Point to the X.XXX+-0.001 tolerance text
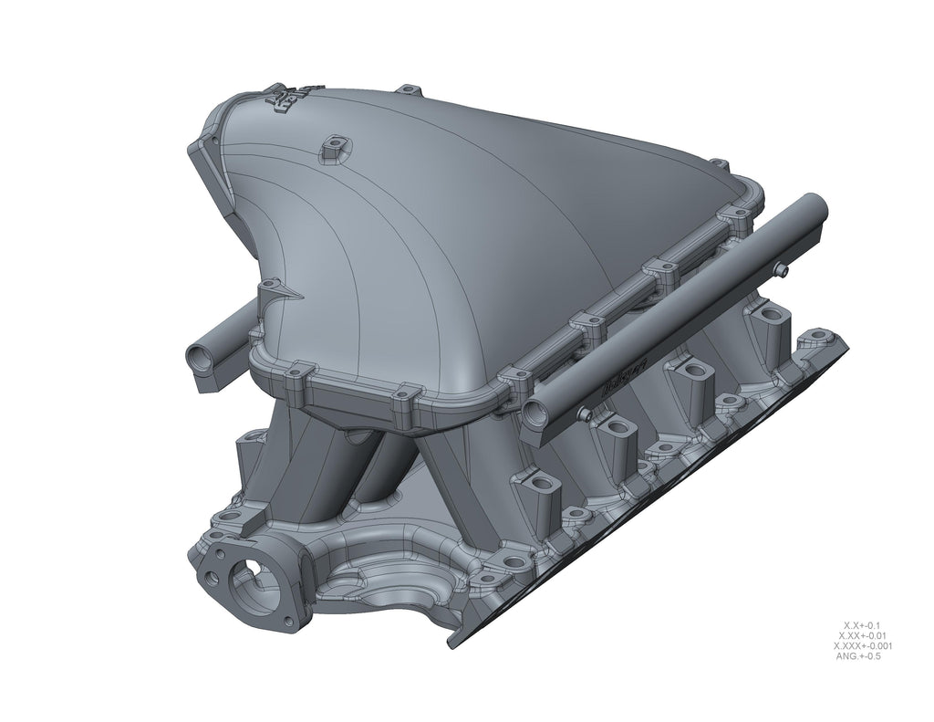coord(862,646)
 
